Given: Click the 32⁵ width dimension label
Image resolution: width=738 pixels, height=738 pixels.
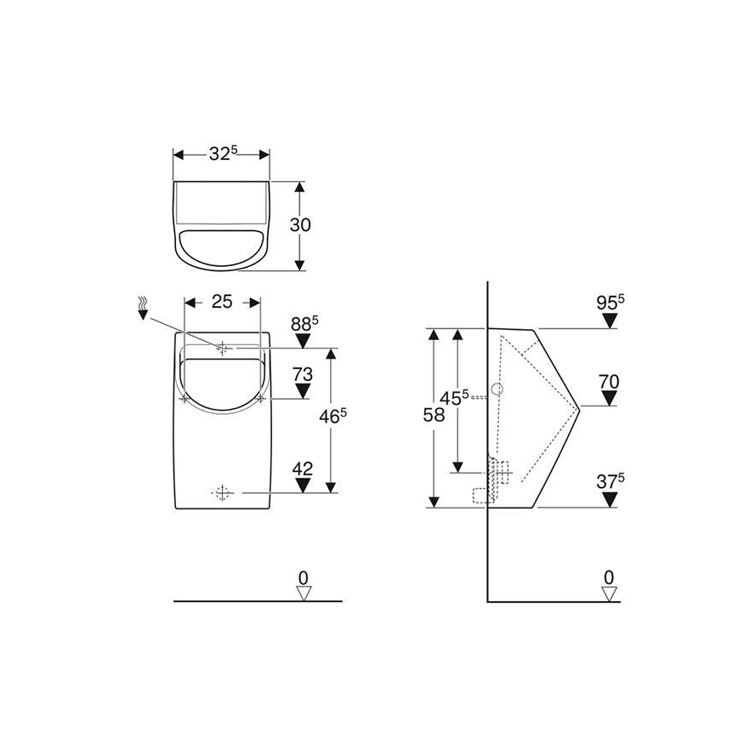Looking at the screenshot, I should coord(222,154).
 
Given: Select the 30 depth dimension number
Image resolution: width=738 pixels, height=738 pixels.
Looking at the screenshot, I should coord(300,224).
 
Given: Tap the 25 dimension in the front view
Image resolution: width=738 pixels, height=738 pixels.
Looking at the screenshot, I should coord(221,302).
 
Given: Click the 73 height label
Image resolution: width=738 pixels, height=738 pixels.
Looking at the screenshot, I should coord(303,374).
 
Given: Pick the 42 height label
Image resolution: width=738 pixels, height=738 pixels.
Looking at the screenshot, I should coord(303,468).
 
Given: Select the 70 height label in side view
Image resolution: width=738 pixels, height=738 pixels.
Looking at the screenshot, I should coord(609,381).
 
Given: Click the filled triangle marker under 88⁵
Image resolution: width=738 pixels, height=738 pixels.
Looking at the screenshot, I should coord(303,340).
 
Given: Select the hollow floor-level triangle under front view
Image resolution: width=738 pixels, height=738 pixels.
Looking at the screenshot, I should coord(303,593).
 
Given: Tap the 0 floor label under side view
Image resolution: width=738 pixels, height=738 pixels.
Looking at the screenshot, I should coord(609,577).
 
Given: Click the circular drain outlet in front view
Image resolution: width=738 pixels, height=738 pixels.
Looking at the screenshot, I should coord(222,492).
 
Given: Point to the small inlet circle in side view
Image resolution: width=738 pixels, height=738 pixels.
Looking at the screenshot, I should coord(498,391).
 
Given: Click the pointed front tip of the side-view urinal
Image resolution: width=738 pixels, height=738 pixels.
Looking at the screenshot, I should coord(578,406).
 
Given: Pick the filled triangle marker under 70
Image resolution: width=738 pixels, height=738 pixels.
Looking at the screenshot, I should coord(609,398).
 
